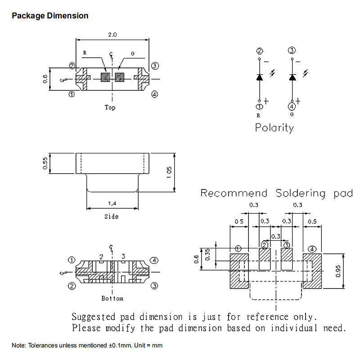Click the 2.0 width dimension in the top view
point(112,35)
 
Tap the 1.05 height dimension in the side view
point(169,172)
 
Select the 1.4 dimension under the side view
point(112,203)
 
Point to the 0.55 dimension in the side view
point(45,163)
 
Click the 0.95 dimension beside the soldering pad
point(338,271)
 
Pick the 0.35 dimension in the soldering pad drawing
point(207,255)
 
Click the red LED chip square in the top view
point(105,77)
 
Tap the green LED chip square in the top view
point(119,77)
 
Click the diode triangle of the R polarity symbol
point(260,77)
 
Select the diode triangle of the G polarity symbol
point(292,77)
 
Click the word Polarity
point(274,128)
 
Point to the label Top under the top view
point(110,108)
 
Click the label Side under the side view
point(111,216)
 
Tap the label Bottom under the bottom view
point(112,298)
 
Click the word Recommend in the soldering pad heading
point(234,193)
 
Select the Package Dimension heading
point(50,16)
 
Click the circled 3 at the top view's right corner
point(155,66)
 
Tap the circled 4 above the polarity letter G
point(292,107)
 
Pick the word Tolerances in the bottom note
point(43,345)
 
